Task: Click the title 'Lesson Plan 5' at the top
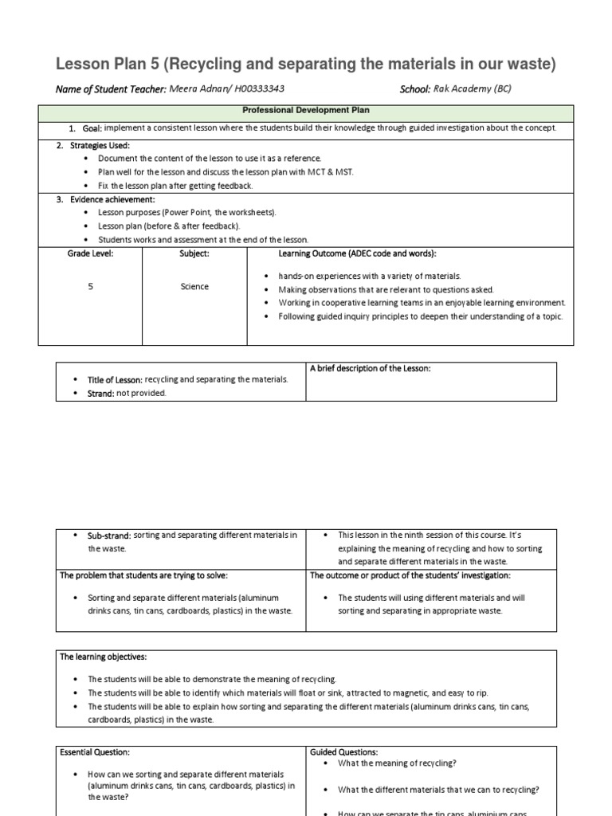[107, 65]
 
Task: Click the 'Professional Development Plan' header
[305, 111]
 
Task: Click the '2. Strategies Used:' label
[92, 146]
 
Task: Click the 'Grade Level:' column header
[90, 253]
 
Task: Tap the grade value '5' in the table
[90, 287]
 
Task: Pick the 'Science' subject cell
[194, 287]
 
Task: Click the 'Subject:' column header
[194, 253]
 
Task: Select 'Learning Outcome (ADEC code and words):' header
[357, 253]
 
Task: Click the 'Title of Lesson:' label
[115, 380]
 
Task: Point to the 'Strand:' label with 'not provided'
[100, 394]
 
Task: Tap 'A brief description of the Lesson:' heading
[371, 368]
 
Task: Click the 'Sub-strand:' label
[109, 535]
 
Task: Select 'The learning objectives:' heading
[104, 657]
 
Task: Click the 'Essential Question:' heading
[95, 751]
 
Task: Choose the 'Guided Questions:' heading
[343, 751]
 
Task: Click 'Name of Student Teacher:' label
[111, 89]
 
